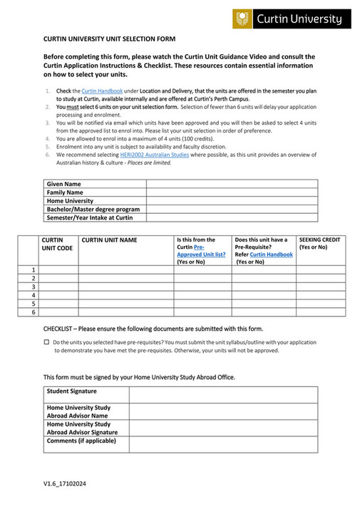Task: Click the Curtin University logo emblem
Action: [242, 19]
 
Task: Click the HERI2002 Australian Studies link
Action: [150, 154]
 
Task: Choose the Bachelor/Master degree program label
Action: [93, 210]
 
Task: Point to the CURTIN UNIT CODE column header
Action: [57, 245]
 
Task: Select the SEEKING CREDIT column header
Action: [319, 240]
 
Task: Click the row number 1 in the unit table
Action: [33, 269]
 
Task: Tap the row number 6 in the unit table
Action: [33, 312]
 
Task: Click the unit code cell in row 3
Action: [58, 287]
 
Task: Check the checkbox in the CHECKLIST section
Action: [46, 343]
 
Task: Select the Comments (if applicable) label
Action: [81, 441]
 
